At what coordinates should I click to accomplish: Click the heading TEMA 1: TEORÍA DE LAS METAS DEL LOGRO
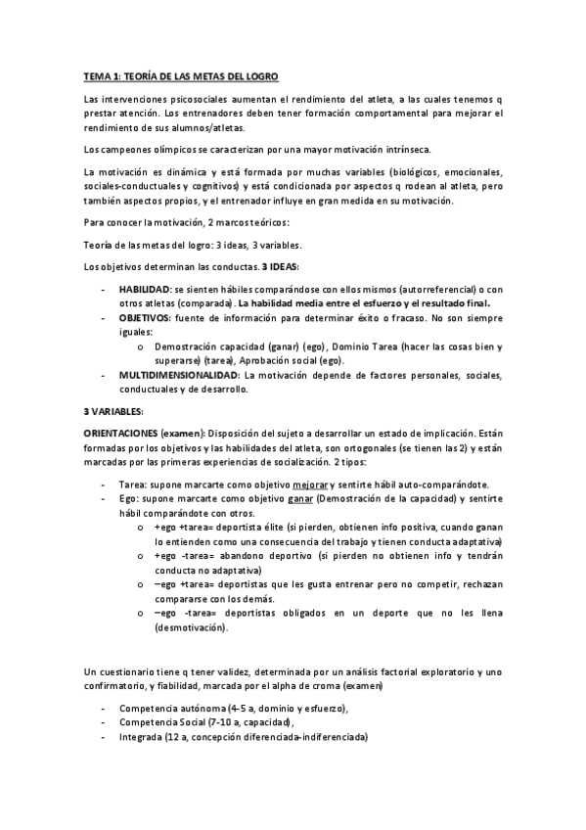click(x=181, y=76)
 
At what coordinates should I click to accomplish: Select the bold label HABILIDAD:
click(x=144, y=291)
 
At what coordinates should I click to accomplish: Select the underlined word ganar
click(x=300, y=498)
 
